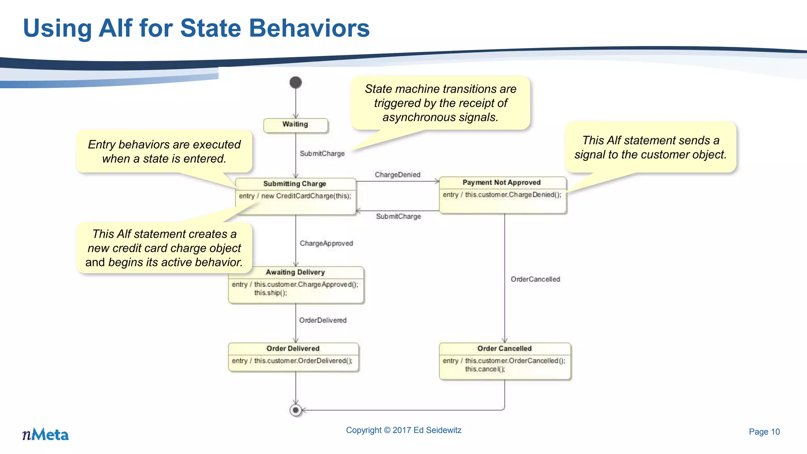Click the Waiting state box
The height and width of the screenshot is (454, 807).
pyautogui.click(x=296, y=125)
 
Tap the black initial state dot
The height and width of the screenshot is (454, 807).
pyautogui.click(x=296, y=82)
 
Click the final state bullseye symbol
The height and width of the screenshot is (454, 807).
pyautogui.click(x=296, y=410)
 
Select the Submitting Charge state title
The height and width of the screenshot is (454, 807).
pyautogui.click(x=295, y=184)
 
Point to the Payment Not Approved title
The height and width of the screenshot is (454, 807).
pyautogui.click(x=501, y=182)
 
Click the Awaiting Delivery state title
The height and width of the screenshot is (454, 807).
pyautogui.click(x=295, y=272)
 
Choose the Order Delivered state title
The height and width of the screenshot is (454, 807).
pyautogui.click(x=293, y=348)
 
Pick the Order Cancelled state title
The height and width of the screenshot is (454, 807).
pyautogui.click(x=504, y=348)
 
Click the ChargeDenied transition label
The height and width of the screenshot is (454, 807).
pyautogui.click(x=397, y=175)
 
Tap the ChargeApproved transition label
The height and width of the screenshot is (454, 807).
pyautogui.click(x=326, y=244)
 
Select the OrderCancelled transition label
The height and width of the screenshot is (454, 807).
pyautogui.click(x=535, y=279)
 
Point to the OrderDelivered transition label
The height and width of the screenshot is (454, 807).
pyautogui.click(x=323, y=320)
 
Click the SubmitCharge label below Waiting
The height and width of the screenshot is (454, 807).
pyautogui.click(x=322, y=154)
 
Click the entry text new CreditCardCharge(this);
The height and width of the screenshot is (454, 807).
pyautogui.click(x=306, y=196)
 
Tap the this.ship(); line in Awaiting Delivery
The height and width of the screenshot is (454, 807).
pyautogui.click(x=270, y=293)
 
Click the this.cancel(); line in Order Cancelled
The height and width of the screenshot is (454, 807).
pyautogui.click(x=485, y=369)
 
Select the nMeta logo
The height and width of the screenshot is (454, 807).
pyautogui.click(x=45, y=434)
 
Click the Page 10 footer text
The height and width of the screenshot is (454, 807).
pyautogui.click(x=764, y=432)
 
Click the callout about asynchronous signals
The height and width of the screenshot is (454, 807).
pyautogui.click(x=440, y=103)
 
